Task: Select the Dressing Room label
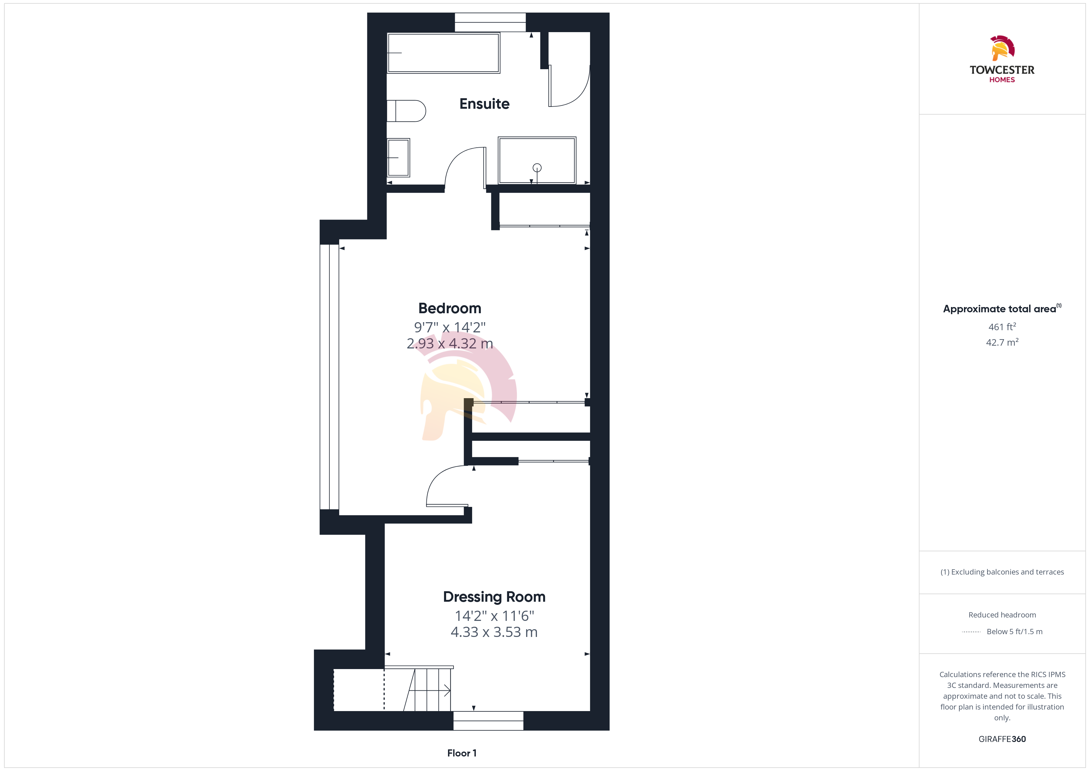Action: pyautogui.click(x=494, y=597)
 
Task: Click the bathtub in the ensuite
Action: pyautogui.click(x=443, y=53)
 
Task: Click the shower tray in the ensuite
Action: pyautogui.click(x=537, y=160)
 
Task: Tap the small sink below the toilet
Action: pyautogui.click(x=398, y=158)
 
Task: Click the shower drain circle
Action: pyautogui.click(x=537, y=168)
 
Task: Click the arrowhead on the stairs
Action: pyautogui.click(x=447, y=690)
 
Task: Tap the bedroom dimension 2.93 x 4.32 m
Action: pyautogui.click(x=450, y=343)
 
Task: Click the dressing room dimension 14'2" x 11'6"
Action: pyautogui.click(x=494, y=616)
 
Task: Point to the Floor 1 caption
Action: pyautogui.click(x=462, y=753)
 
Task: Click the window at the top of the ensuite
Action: pyautogui.click(x=490, y=22)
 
